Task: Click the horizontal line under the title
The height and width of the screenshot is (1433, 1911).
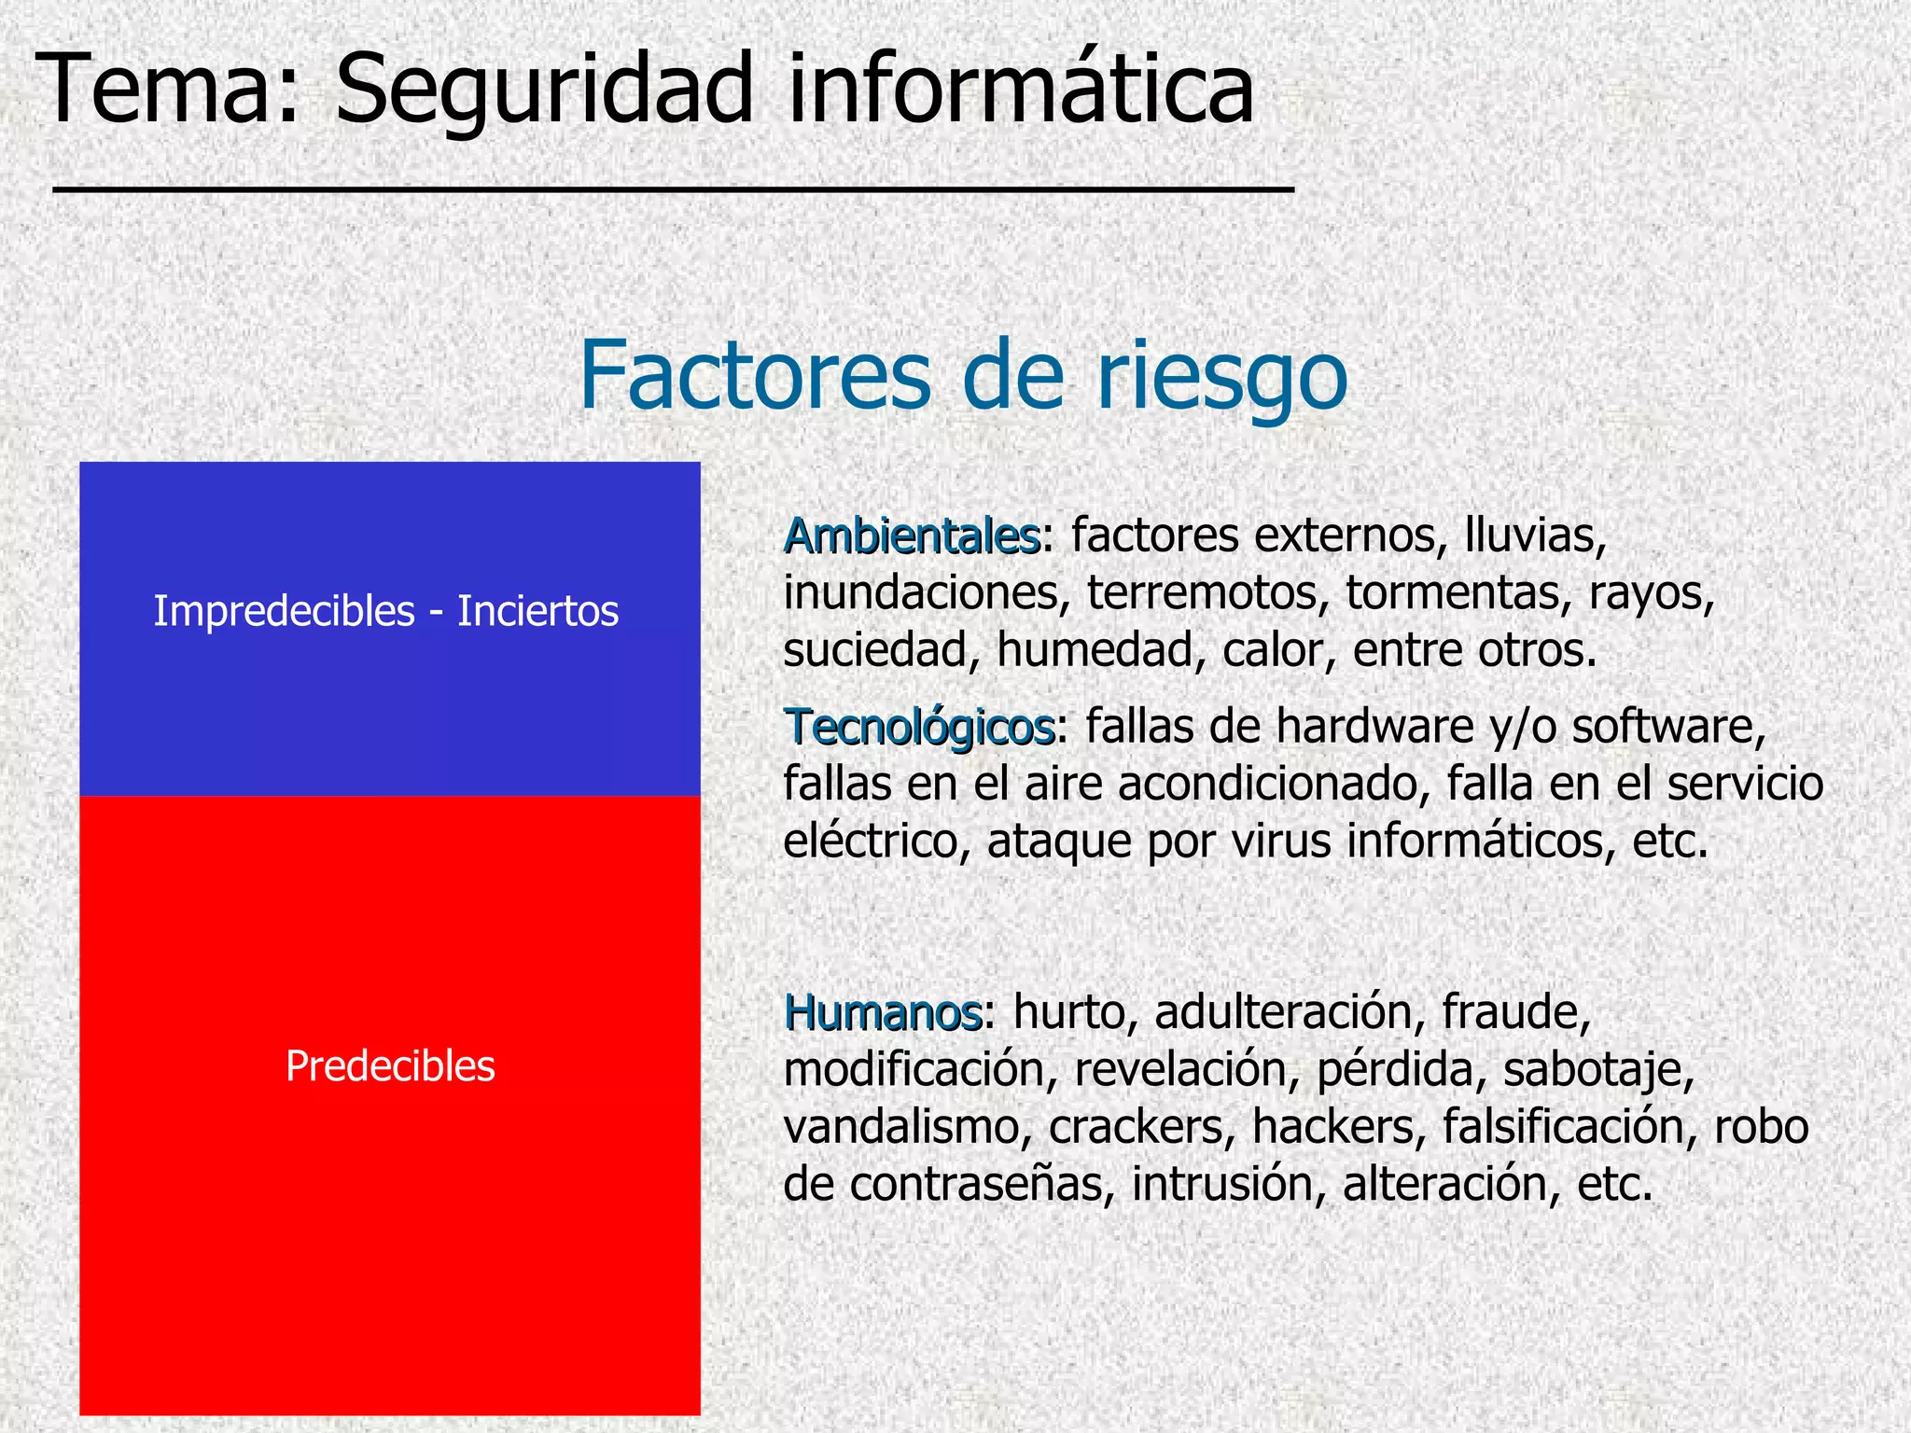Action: tap(673, 190)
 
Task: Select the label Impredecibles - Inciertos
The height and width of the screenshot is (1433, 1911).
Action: tap(385, 612)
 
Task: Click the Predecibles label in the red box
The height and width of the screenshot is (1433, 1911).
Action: tap(390, 1066)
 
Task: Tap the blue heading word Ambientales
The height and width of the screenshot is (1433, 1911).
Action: tap(911, 536)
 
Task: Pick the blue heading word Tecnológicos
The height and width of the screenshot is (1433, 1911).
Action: tap(919, 727)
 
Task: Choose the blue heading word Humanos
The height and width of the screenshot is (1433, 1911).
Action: tap(882, 1012)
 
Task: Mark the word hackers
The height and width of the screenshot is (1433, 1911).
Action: tap(1338, 1127)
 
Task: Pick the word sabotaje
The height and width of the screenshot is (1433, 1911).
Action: tap(1597, 1070)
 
